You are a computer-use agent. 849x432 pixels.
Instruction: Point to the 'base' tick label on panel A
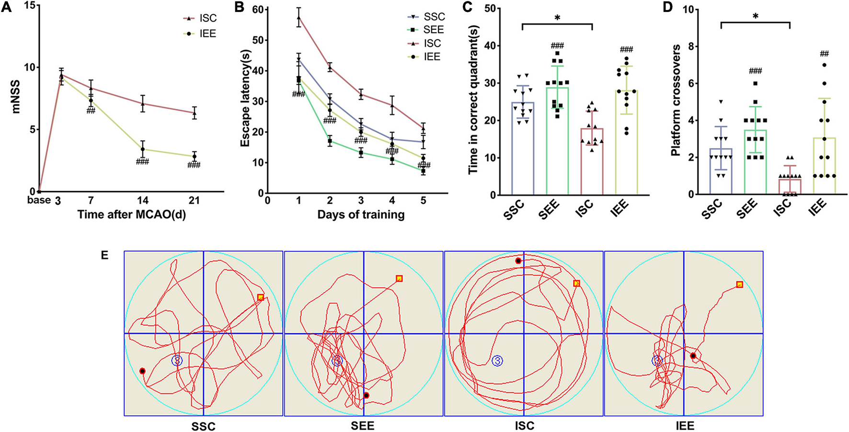tap(39, 200)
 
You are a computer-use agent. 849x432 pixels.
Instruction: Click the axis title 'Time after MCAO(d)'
tap(132, 214)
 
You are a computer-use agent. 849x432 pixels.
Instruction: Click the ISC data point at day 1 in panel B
tap(298, 18)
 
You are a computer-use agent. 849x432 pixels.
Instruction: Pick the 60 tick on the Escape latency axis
tap(258, 10)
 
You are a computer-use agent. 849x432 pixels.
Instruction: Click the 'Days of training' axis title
tap(361, 215)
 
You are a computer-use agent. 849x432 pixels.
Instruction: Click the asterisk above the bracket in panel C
tap(557, 18)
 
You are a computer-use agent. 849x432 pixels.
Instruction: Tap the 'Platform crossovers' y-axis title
tap(676, 101)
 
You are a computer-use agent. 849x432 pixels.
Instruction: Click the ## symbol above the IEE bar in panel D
tap(824, 54)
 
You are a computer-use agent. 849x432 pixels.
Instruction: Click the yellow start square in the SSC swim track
tap(260, 297)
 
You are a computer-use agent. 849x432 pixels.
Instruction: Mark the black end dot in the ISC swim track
tap(518, 261)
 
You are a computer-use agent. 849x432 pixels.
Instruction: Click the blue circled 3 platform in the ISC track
tap(497, 361)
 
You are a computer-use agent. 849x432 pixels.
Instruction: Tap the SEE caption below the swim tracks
tap(363, 425)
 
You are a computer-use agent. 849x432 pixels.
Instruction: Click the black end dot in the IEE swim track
tap(693, 356)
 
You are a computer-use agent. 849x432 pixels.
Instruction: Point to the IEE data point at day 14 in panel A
tap(143, 149)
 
